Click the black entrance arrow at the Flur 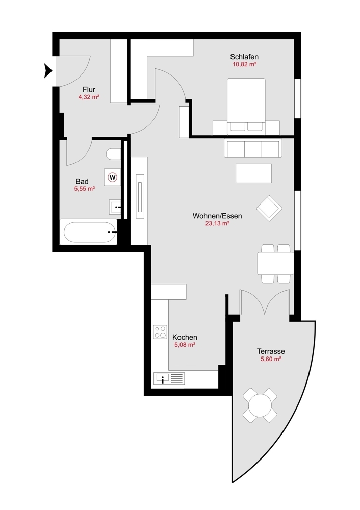click(x=48, y=71)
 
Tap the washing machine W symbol click(x=113, y=177)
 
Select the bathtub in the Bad click(x=89, y=233)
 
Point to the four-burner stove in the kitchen click(x=160, y=332)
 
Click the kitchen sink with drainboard click(x=169, y=378)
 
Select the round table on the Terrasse click(x=260, y=405)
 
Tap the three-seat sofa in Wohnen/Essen click(x=252, y=148)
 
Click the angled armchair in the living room click(x=269, y=208)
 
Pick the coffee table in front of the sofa click(x=253, y=173)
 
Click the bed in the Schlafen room click(x=246, y=105)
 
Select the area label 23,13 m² click(x=217, y=223)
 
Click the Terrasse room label click(x=270, y=351)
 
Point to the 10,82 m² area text click(x=244, y=65)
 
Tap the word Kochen click(x=185, y=337)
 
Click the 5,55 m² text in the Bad click(x=84, y=189)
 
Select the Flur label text click(x=89, y=89)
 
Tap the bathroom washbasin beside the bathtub click(x=115, y=207)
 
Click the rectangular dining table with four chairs click(x=275, y=264)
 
